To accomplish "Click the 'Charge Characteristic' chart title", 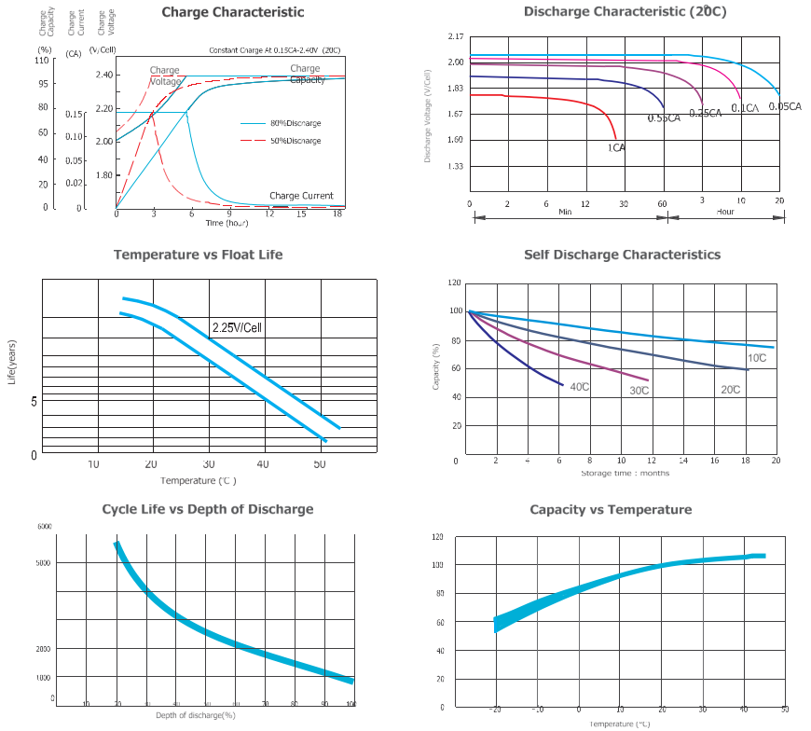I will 232,12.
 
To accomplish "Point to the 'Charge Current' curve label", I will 301,196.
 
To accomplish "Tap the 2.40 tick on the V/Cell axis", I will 103,75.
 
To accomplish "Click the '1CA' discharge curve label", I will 616,147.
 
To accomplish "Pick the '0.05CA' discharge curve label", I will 784,106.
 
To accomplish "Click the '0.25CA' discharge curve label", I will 706,113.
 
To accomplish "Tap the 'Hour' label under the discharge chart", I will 725,212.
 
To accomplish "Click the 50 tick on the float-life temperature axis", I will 320,464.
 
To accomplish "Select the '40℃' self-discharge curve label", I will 579,387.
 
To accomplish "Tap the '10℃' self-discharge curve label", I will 756,358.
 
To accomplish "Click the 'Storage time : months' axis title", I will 625,473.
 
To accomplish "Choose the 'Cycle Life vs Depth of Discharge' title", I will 207,509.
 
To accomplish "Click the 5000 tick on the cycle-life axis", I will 45,563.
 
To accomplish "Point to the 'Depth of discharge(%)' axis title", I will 195,715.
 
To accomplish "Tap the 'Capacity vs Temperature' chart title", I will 611,509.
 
